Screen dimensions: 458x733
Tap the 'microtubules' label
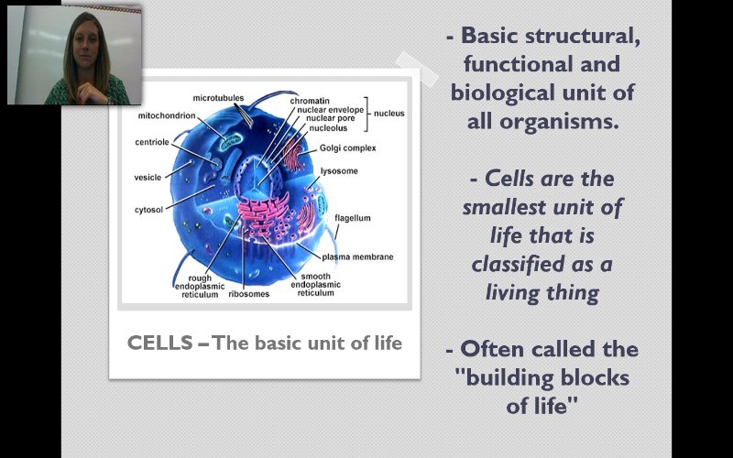pyautogui.click(x=217, y=96)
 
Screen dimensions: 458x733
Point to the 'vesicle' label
pyautogui.click(x=148, y=177)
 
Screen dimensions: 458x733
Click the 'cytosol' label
pyautogui.click(x=148, y=210)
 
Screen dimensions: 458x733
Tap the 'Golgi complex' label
pyautogui.click(x=347, y=147)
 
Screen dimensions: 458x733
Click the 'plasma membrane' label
pyautogui.click(x=357, y=257)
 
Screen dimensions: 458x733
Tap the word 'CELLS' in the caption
pyautogui.click(x=159, y=343)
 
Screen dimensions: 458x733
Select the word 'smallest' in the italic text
pyautogui.click(x=501, y=207)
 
